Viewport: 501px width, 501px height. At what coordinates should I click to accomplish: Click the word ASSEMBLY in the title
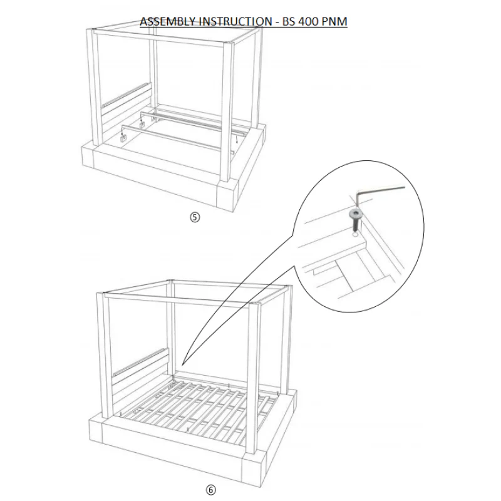167,22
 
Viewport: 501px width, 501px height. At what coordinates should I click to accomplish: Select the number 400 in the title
308,22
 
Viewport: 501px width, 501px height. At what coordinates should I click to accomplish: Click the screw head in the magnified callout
354,215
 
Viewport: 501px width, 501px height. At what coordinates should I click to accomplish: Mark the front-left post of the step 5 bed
97,88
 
